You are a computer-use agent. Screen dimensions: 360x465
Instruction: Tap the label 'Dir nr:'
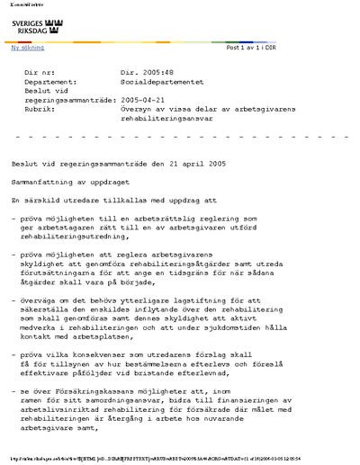point(40,70)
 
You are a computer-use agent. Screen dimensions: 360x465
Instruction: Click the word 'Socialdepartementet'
point(159,80)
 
